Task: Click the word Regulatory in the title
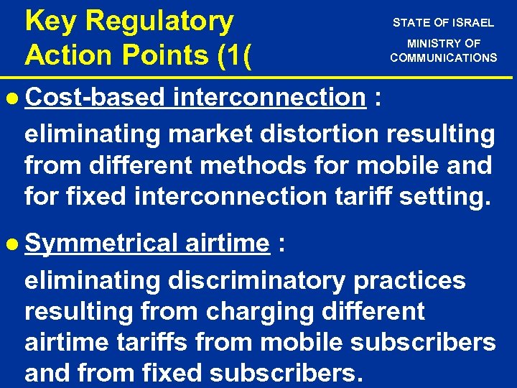[x=159, y=22]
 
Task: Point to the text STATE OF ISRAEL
[x=443, y=22]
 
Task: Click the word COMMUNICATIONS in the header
[x=443, y=57]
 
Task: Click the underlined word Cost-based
[x=94, y=98]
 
